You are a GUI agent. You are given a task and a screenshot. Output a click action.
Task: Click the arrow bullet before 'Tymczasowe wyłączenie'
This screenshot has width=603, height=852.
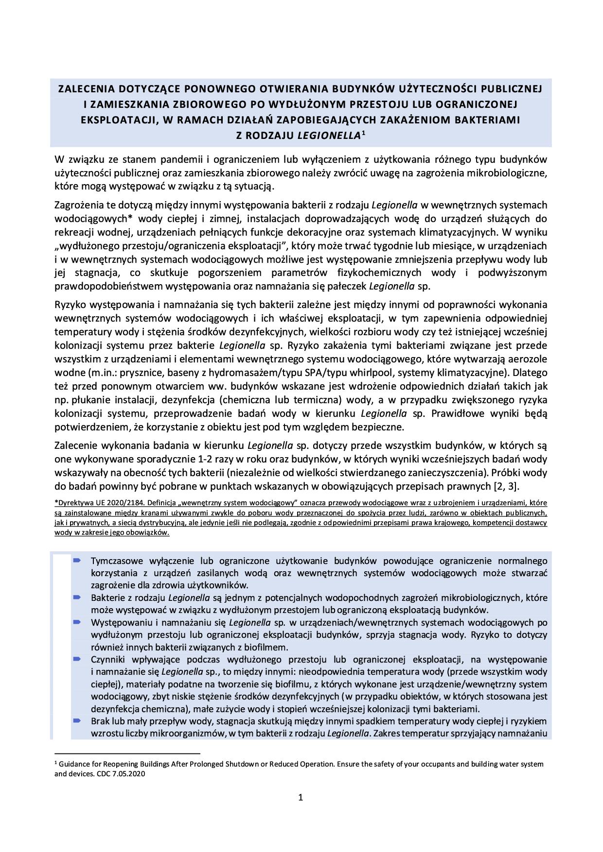pos(77,561)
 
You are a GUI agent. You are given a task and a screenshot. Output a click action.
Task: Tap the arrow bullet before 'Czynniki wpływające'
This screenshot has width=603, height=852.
pos(77,659)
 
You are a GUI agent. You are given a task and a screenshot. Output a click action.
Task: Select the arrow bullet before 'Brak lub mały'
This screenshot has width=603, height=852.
pos(77,721)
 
